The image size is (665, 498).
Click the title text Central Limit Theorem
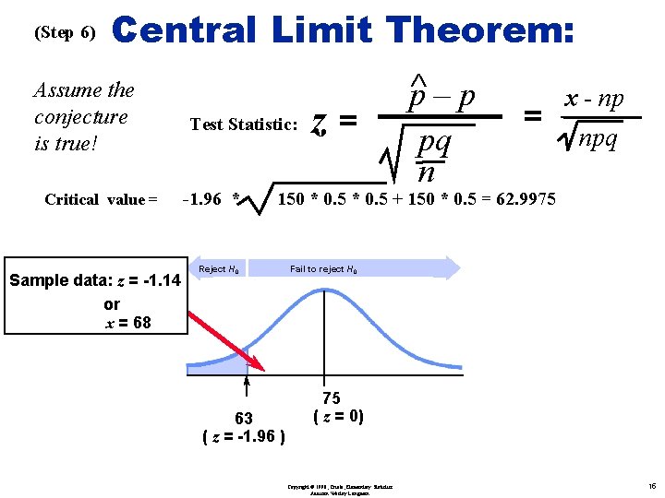(x=343, y=30)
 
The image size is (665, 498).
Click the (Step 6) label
(x=65, y=33)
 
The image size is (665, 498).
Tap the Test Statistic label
(x=243, y=125)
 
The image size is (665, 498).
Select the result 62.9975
(x=522, y=198)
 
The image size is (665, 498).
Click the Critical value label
(x=101, y=199)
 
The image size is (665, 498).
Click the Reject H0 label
(x=220, y=269)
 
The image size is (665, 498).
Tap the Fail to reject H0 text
(x=323, y=269)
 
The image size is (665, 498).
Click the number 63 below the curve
(x=244, y=419)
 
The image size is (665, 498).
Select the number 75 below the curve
(x=332, y=398)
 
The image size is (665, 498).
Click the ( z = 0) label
(x=339, y=416)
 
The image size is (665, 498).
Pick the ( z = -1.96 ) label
(x=244, y=436)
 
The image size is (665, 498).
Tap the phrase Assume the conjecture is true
(x=84, y=117)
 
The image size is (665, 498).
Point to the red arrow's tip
(x=264, y=371)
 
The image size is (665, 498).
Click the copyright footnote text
(x=339, y=489)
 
